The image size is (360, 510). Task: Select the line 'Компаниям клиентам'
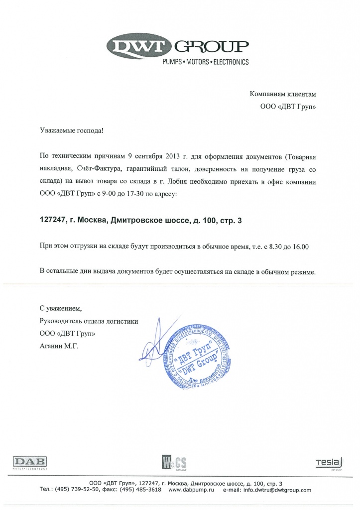[x=282, y=94]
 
